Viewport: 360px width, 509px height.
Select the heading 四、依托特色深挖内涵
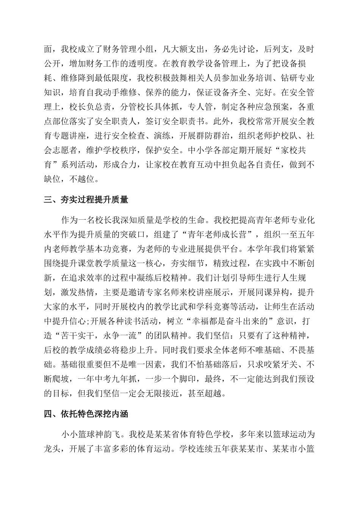(x=86, y=414)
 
